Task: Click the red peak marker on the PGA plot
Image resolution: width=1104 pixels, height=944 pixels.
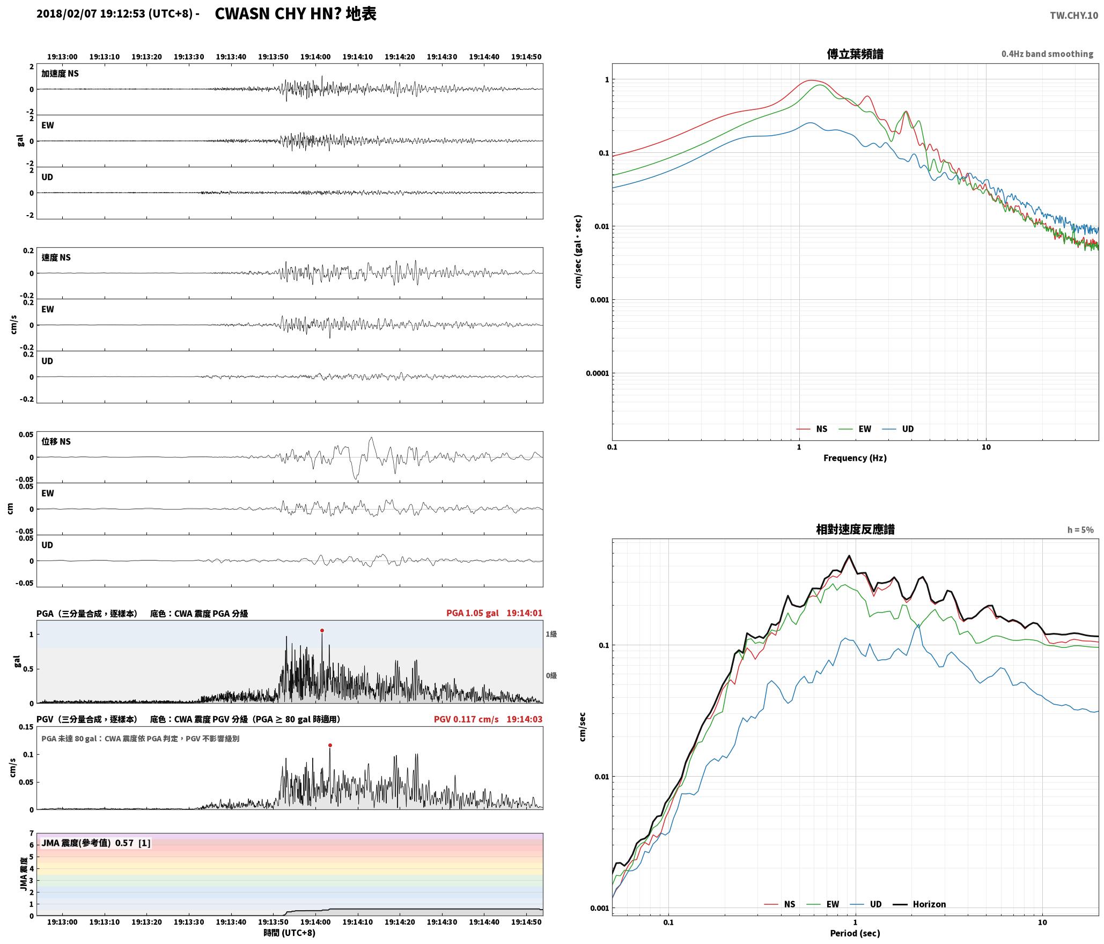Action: [x=322, y=630]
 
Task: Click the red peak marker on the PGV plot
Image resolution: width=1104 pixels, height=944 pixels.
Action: [x=330, y=745]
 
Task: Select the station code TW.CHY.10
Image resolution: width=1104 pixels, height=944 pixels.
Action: [x=1074, y=16]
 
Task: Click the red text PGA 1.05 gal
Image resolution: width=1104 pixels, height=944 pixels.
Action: [x=472, y=613]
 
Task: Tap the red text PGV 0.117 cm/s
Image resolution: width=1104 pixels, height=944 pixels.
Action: [x=466, y=719]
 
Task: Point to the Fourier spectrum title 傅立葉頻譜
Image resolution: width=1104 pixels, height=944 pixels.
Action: [x=855, y=54]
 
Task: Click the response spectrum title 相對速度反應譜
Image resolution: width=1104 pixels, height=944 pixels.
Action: [x=855, y=529]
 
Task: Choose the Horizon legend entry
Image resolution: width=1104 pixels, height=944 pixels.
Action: [x=919, y=904]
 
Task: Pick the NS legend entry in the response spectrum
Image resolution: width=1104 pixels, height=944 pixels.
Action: [x=779, y=904]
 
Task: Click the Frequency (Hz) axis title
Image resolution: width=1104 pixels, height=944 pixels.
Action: [x=855, y=458]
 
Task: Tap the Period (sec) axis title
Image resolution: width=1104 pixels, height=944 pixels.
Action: [x=855, y=933]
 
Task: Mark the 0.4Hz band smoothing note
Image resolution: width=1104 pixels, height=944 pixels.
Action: [x=1047, y=54]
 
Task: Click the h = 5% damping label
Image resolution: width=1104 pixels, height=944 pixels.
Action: [x=1080, y=530]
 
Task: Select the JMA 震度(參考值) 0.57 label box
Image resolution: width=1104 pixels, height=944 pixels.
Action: [x=96, y=843]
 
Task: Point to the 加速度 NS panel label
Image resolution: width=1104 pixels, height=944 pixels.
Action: [x=60, y=73]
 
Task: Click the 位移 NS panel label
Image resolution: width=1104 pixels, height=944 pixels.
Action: [x=56, y=441]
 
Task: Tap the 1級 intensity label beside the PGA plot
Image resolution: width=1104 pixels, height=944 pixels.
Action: [x=551, y=634]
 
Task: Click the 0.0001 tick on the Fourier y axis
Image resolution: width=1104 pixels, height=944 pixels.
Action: [x=597, y=373]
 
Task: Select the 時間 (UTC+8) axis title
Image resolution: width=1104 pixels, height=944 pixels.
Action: [x=290, y=933]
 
